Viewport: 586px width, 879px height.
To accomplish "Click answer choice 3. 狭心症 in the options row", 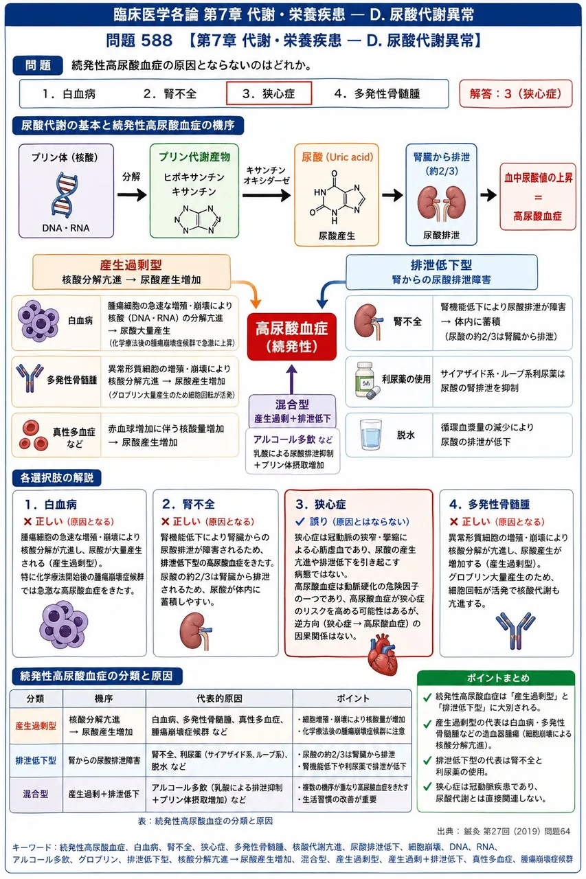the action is pos(269,93).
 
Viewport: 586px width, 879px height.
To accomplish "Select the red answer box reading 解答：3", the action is pos(516,94).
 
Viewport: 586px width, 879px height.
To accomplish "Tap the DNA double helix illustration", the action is pos(65,195).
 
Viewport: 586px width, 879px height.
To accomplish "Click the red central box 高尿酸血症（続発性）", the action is pos(292,336).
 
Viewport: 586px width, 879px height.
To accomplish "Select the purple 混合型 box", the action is pos(292,411).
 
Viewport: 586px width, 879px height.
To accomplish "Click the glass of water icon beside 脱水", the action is pos(370,435).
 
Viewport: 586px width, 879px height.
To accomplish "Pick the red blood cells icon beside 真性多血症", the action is pos(34,435).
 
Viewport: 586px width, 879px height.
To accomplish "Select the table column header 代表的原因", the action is pos(219,698).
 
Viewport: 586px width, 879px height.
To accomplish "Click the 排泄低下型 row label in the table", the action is pos(36,760).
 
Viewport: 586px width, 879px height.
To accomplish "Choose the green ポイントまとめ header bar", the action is pos(496,678).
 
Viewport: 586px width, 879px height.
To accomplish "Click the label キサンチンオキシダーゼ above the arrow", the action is pos(267,175).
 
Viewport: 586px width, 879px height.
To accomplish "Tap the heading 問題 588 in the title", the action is pos(139,41).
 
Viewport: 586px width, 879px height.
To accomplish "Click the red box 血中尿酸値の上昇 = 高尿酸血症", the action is pos(538,196).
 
